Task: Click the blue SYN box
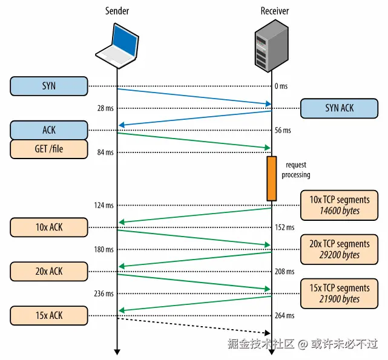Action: click(x=49, y=86)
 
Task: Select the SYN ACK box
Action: click(x=339, y=108)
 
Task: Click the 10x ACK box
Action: click(x=49, y=227)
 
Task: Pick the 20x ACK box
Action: click(x=49, y=272)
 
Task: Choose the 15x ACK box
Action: click(x=49, y=315)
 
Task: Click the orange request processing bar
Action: click(x=272, y=178)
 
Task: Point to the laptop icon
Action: click(x=117, y=44)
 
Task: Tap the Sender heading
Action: click(x=117, y=11)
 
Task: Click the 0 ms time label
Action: click(x=281, y=87)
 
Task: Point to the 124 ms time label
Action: click(x=104, y=206)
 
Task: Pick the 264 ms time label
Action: click(x=284, y=316)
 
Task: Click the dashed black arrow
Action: click(x=194, y=326)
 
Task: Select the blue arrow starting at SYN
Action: click(x=194, y=97)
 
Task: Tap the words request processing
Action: click(x=297, y=170)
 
